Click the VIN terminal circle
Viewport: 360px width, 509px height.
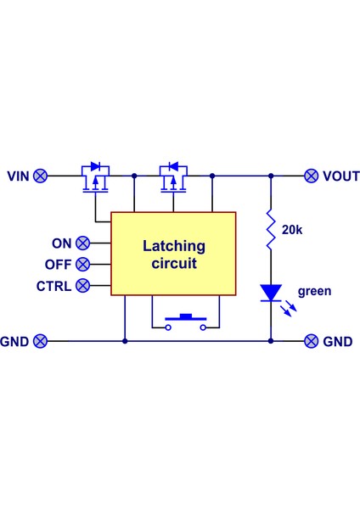(x=40, y=176)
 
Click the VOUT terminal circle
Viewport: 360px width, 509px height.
(x=312, y=176)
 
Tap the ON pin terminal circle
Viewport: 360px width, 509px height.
(x=82, y=243)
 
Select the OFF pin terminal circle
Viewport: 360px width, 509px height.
(x=82, y=264)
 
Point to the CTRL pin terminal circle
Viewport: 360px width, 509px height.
(x=82, y=286)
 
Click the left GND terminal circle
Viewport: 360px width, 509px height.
(x=40, y=341)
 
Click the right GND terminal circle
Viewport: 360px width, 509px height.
(x=312, y=341)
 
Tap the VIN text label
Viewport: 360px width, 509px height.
(x=18, y=176)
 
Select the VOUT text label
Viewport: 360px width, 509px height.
(x=340, y=176)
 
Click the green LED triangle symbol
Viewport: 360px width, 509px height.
(x=271, y=293)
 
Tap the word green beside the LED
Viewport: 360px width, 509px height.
(x=315, y=291)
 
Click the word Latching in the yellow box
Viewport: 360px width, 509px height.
(x=174, y=247)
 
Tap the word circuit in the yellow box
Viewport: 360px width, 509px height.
(x=174, y=264)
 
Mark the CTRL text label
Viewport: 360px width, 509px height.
(x=53, y=286)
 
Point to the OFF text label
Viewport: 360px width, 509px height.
(x=58, y=264)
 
